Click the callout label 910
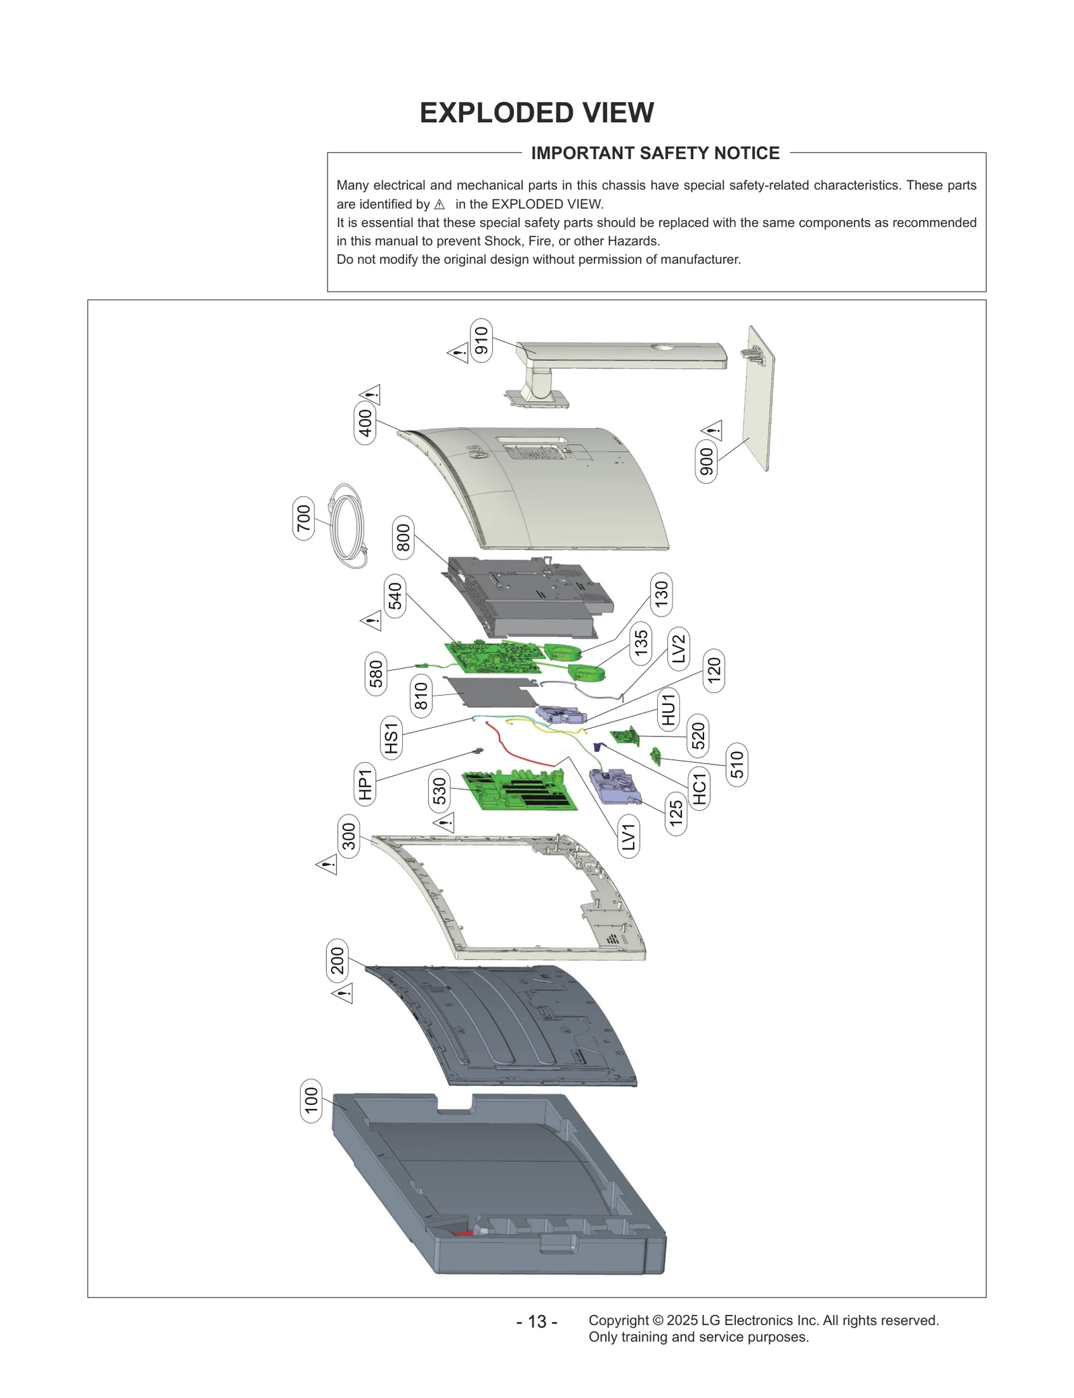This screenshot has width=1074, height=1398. pyautogui.click(x=481, y=341)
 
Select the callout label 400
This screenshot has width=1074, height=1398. pyautogui.click(x=365, y=423)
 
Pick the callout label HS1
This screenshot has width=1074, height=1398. pyautogui.click(x=391, y=738)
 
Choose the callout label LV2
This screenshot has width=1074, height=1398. pyautogui.click(x=679, y=648)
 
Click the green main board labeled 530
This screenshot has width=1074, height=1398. pyautogui.click(x=518, y=790)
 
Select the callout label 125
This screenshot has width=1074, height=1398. pyautogui.click(x=676, y=814)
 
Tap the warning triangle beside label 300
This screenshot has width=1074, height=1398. pyautogui.click(x=327, y=865)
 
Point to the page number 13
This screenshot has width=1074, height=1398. pyautogui.click(x=536, y=1322)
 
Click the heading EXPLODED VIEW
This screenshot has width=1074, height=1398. pyautogui.click(x=536, y=113)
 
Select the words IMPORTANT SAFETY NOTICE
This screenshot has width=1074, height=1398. pyautogui.click(x=655, y=153)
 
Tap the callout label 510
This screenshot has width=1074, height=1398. pyautogui.click(x=736, y=765)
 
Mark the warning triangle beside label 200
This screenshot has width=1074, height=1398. pyautogui.click(x=342, y=993)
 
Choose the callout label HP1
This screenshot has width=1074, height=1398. pyautogui.click(x=364, y=785)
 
